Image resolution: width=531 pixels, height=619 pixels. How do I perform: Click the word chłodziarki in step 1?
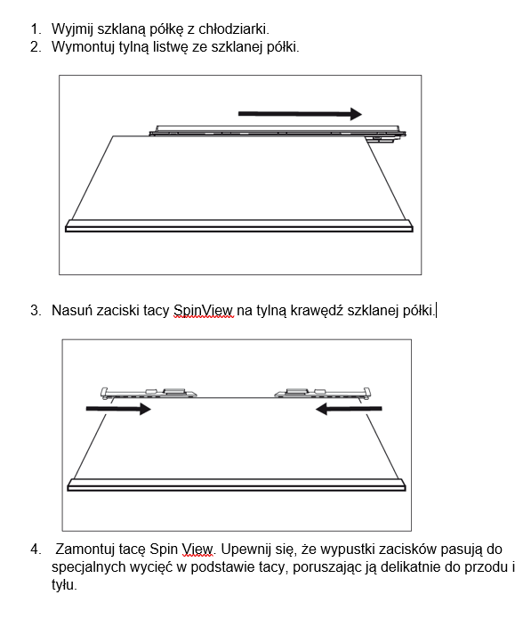pyautogui.click(x=234, y=29)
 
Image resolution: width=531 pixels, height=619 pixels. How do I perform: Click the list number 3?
pyautogui.click(x=36, y=310)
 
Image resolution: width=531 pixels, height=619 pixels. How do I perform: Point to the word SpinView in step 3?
pyautogui.click(x=204, y=311)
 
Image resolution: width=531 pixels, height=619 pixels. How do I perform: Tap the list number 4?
pyautogui.click(x=36, y=550)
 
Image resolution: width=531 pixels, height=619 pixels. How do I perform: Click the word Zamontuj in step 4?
pyautogui.click(x=86, y=550)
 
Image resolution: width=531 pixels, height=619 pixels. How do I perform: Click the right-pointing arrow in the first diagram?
pyautogui.click(x=300, y=114)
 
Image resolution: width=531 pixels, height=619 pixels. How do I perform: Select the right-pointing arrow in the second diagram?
pyautogui.click(x=118, y=409)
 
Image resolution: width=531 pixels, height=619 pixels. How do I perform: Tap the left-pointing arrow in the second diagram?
pyautogui.click(x=349, y=409)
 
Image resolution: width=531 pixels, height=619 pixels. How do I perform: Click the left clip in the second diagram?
pyautogui.click(x=149, y=393)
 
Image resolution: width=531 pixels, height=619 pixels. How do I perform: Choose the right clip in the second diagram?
pyautogui.click(x=323, y=393)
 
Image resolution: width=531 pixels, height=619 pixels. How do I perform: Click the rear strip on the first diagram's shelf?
pyautogui.click(x=278, y=132)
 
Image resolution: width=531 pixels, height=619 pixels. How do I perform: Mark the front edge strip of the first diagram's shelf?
pyautogui.click(x=239, y=226)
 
